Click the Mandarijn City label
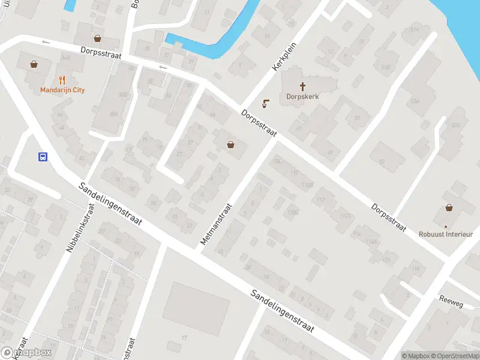click(62, 90)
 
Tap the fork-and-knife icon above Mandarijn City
click(62, 80)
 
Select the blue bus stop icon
click(43, 157)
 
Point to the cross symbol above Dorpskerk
click(302, 86)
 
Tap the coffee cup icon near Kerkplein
click(265, 104)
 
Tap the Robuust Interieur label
click(446, 235)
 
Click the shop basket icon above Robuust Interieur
click(449, 208)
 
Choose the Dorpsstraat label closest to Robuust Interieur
click(388, 216)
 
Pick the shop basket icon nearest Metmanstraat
click(230, 144)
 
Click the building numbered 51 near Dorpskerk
click(358, 118)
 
